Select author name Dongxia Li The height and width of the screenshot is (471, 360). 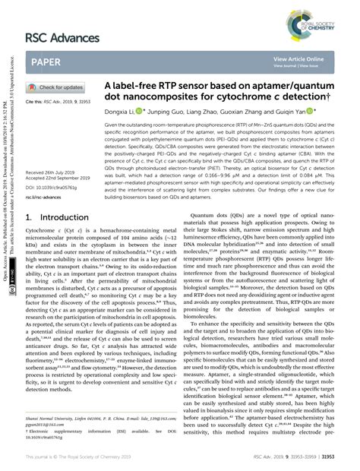(120, 110)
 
